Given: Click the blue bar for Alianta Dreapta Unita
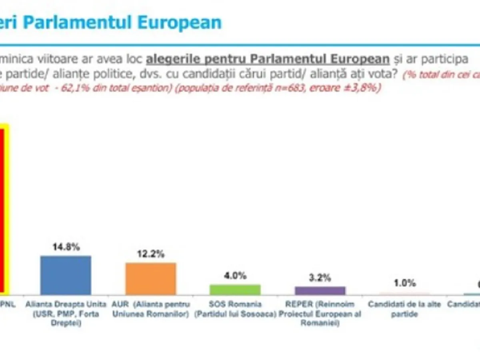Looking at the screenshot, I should (66, 275).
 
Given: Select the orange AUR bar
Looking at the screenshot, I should (151, 279).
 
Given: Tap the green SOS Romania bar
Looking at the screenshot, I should (235, 290).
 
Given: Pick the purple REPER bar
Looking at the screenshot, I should (320, 290).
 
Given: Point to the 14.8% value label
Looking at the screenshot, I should (66, 247).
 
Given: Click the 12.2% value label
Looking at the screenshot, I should (151, 254).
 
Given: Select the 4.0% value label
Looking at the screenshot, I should (235, 276).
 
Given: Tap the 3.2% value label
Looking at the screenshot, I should (320, 277).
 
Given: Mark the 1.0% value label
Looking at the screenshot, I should (405, 283).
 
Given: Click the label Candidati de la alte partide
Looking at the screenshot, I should (405, 309).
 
